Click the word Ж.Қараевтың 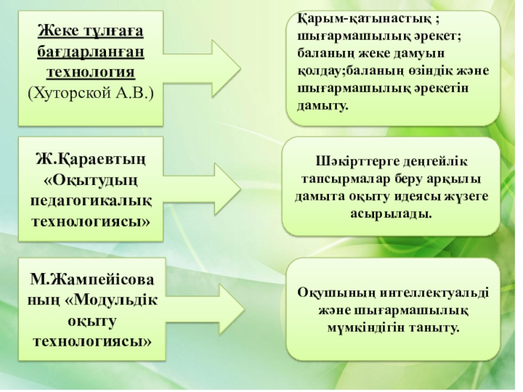pyautogui.click(x=91, y=157)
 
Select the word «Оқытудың pyautogui.click(x=91, y=178)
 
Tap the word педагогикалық pyautogui.click(x=91, y=199)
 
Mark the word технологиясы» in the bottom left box pyautogui.click(x=92, y=341)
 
